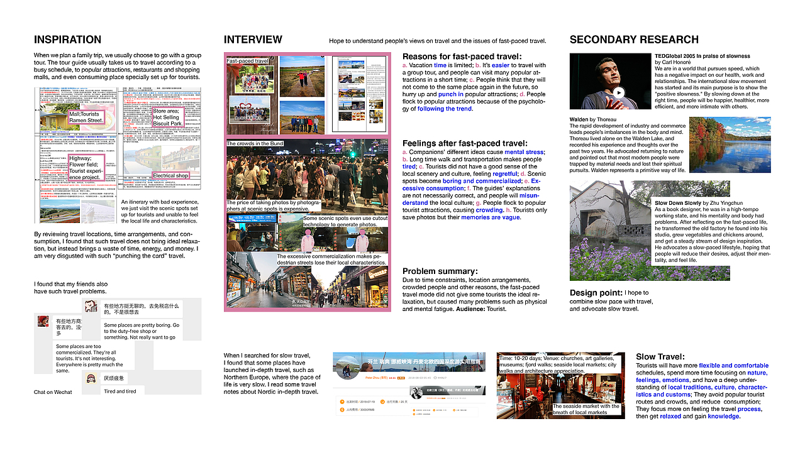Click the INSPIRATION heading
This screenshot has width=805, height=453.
[67, 40]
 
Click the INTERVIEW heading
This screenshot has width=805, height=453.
[253, 40]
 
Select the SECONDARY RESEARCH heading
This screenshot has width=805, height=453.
[634, 40]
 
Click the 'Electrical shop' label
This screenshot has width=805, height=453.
[170, 176]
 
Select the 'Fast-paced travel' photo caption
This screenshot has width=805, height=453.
[247, 61]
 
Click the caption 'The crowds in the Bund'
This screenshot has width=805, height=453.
[255, 144]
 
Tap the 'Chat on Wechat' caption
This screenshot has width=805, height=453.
[53, 392]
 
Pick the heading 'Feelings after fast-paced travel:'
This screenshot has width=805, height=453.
[464, 143]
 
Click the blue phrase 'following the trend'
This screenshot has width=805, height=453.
[445, 109]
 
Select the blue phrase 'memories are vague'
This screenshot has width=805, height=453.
[491, 217]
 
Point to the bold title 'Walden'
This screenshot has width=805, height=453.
[579, 119]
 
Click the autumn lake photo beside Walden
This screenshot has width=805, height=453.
[724, 145]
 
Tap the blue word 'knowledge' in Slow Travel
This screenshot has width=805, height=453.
[723, 416]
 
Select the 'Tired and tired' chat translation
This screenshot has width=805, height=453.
[119, 391]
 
